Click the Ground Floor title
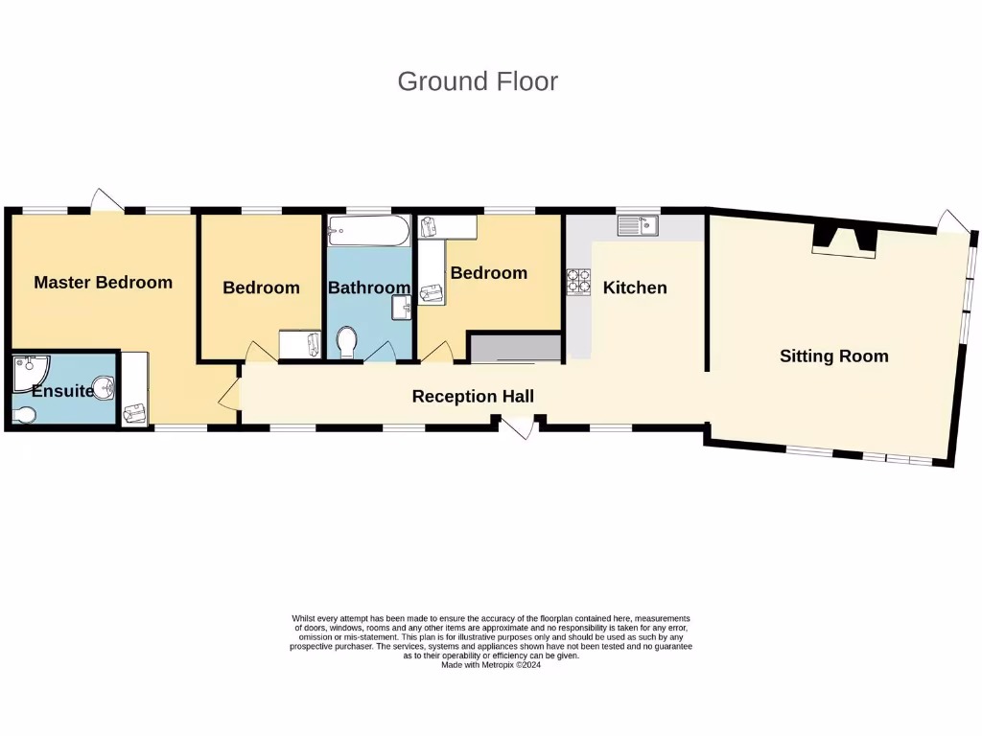click(x=478, y=81)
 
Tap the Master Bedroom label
click(x=103, y=282)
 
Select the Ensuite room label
click(x=62, y=391)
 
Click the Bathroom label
click(x=369, y=287)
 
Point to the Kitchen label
click(x=635, y=287)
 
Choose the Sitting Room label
click(x=833, y=356)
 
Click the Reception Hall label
click(x=473, y=396)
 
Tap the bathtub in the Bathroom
click(x=369, y=230)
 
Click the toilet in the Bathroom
click(x=348, y=342)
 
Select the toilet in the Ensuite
click(x=26, y=414)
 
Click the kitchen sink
click(x=638, y=226)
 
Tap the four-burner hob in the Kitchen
click(x=579, y=282)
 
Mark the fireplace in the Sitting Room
click(x=844, y=240)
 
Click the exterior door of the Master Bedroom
click(x=105, y=201)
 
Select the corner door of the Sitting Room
click(x=952, y=221)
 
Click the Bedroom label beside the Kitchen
click(x=489, y=273)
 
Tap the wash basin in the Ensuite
click(x=105, y=387)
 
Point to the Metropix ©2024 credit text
click(x=491, y=665)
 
